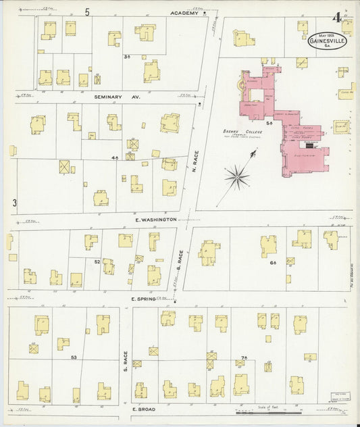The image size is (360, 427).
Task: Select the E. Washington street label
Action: [155, 220]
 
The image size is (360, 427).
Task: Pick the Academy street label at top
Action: [184, 13]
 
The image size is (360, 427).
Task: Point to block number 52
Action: [97, 261]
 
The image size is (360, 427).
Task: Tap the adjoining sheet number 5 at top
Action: [87, 11]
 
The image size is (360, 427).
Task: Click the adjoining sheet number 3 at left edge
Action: [14, 202]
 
